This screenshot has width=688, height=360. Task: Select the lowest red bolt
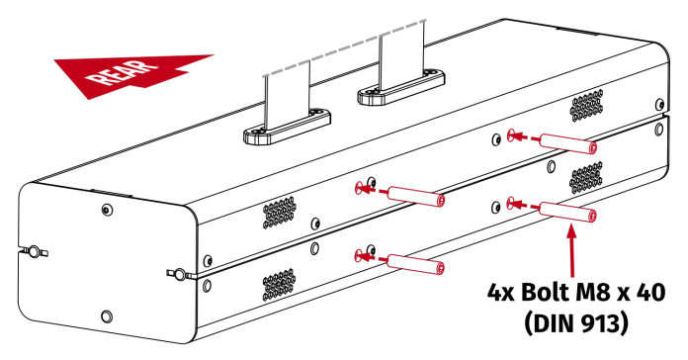tap(414, 263)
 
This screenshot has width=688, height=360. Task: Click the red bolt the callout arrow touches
tap(565, 211)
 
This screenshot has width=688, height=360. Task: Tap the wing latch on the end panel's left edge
tap(33, 249)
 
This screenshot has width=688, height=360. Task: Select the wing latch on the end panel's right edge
tap(178, 270)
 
